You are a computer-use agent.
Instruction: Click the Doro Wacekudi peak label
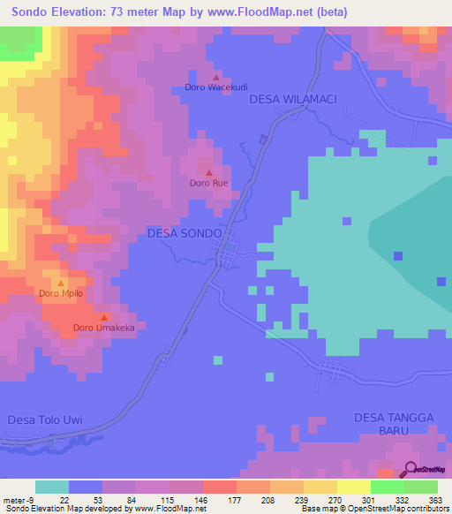tap(215, 87)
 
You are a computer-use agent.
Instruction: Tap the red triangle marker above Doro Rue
tap(209, 172)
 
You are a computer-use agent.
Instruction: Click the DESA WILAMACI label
tap(295, 100)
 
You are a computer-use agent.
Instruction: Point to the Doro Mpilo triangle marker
tap(60, 282)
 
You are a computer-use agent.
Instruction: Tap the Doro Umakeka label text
tap(102, 328)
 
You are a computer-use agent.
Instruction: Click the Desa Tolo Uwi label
tap(44, 420)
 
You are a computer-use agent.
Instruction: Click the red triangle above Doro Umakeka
tap(103, 317)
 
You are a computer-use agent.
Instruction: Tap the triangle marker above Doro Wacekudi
tap(215, 76)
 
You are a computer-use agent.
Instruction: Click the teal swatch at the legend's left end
tap(52, 487)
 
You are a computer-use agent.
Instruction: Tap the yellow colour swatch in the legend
tap(353, 487)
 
